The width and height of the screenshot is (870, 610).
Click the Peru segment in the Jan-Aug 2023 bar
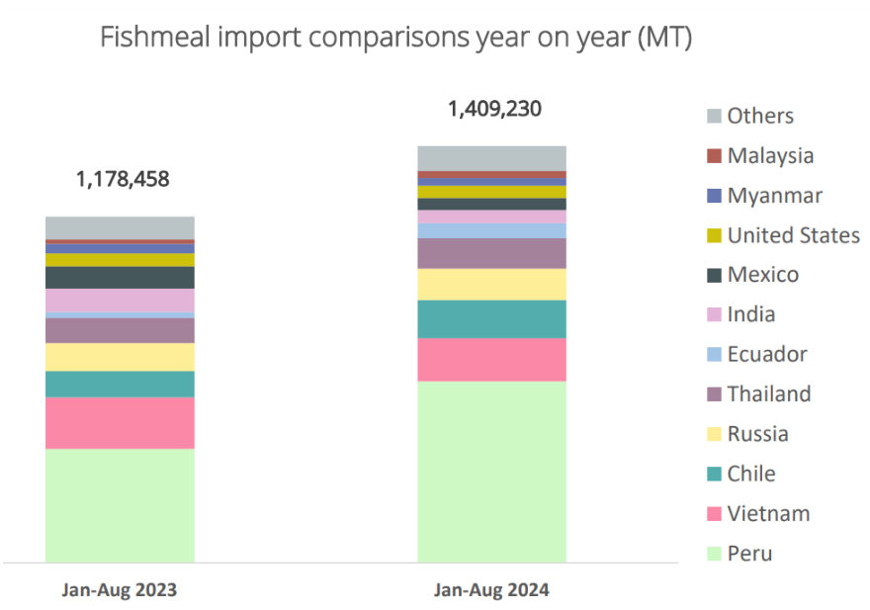point(120,505)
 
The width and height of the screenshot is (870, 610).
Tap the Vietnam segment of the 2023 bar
point(120,423)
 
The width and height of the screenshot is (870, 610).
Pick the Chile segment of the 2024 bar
point(491,319)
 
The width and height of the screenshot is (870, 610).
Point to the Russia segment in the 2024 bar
point(491,285)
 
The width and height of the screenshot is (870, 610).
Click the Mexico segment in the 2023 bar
point(120,277)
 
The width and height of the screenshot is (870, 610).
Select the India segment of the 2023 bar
point(120,300)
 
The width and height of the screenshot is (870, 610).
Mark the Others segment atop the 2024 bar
point(491,158)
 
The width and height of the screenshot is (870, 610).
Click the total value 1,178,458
point(123,180)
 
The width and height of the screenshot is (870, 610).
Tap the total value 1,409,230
point(494,109)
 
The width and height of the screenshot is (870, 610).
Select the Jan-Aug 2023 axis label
point(120,590)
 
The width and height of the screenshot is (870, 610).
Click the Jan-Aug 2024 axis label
point(491,590)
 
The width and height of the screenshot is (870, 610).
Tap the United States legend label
point(793,235)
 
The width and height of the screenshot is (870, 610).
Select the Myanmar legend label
point(774,196)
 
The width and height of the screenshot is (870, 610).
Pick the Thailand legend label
point(768,394)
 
